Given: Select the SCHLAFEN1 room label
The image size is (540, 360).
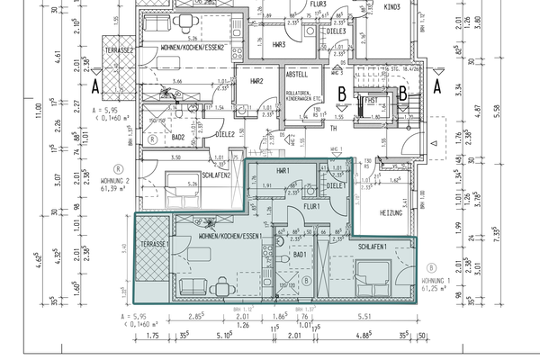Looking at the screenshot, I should [373, 246].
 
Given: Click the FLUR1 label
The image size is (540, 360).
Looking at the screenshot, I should [311, 206].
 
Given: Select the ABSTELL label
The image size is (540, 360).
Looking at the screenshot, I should [297, 76].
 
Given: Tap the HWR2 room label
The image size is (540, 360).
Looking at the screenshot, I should [256, 82].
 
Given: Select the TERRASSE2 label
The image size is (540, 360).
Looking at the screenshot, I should [119, 49].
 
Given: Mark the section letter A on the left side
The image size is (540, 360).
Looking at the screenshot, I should [94, 86].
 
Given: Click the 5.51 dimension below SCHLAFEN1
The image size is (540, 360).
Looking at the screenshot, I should [365, 317].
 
